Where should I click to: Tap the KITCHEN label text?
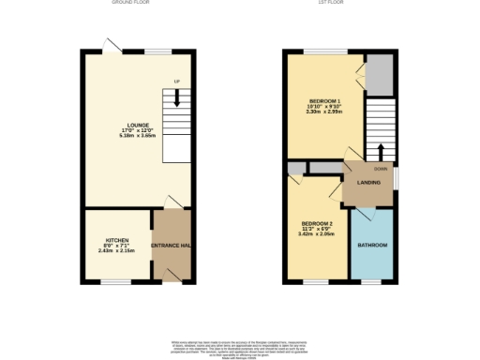click(x=117, y=239)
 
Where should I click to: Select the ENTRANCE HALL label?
click(x=172, y=245)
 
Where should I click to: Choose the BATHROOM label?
click(x=372, y=245)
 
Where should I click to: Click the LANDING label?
click(x=368, y=182)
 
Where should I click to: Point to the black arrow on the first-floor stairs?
click(x=381, y=151)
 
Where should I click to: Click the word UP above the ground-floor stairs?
click(x=175, y=81)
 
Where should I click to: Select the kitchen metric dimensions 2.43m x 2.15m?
click(x=117, y=251)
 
